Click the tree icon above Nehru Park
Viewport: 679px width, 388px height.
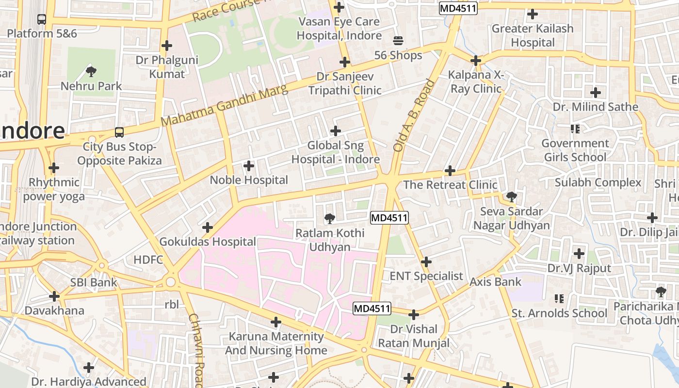[x=90, y=72]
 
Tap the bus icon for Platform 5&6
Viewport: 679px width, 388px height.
[x=42, y=19]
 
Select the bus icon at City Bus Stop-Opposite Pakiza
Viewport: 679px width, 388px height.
[x=119, y=132]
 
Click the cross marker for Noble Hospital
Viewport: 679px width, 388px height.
[x=249, y=166]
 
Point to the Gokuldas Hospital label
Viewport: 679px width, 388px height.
[x=208, y=242]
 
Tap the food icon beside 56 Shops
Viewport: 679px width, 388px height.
[x=398, y=40]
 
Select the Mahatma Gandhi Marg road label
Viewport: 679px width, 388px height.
[x=224, y=105]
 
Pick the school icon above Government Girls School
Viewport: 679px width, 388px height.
[x=575, y=129]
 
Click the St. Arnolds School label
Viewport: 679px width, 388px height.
[x=559, y=313]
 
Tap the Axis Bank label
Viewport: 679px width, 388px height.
[x=495, y=282]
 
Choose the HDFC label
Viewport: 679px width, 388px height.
[x=148, y=259]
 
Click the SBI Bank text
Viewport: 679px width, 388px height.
[x=94, y=282]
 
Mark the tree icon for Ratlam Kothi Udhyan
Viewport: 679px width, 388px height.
[x=330, y=218]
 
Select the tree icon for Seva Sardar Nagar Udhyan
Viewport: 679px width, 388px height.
[x=511, y=196]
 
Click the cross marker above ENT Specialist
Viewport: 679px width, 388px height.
[x=426, y=262]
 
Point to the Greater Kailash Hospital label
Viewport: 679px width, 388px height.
[x=533, y=35]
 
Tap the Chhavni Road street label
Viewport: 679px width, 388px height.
[x=196, y=349]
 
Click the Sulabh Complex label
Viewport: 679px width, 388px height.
[x=598, y=183]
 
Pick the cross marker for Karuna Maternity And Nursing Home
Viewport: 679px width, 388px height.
[x=276, y=322]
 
